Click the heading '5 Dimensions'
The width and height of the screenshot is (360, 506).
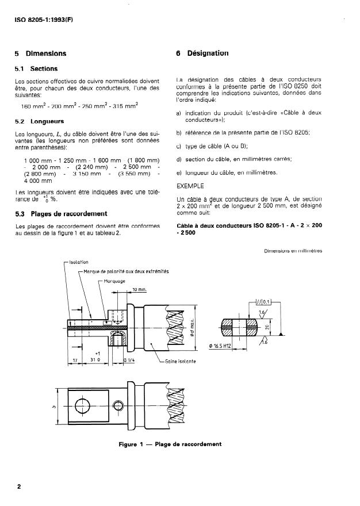(x=40, y=53)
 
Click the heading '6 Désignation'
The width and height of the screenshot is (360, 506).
(x=202, y=53)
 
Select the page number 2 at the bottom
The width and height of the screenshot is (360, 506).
(x=19, y=486)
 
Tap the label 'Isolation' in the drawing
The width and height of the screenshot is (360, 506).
(x=78, y=262)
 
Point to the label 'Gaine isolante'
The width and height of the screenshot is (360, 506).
(x=179, y=361)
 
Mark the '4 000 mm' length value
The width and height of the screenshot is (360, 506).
(x=38, y=181)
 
